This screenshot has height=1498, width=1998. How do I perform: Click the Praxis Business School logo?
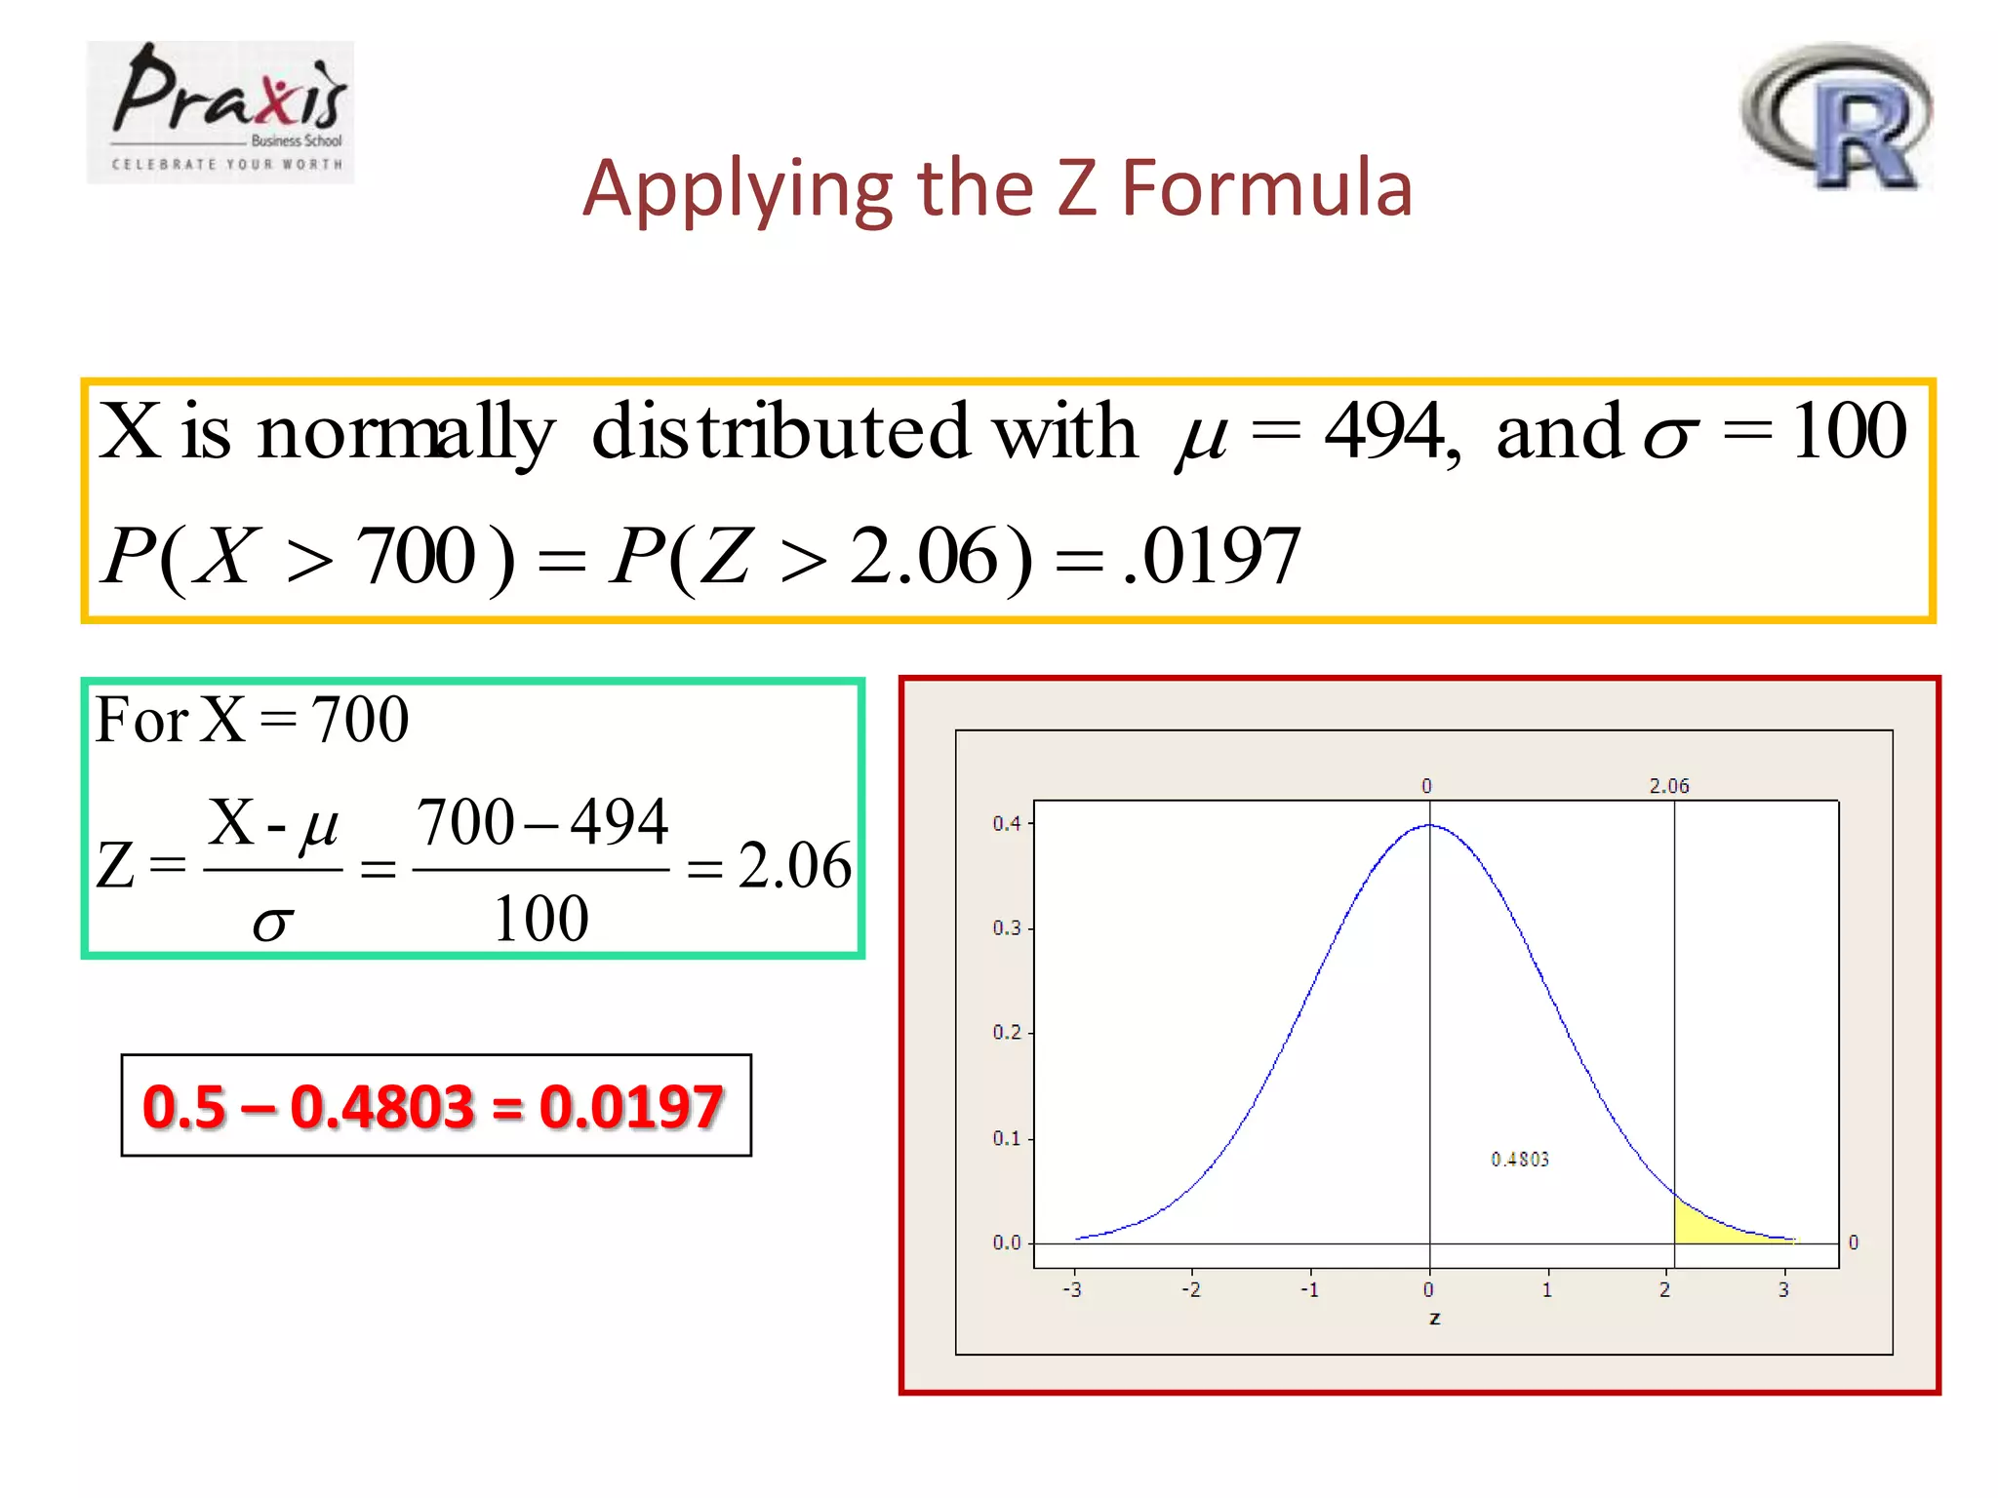(x=220, y=112)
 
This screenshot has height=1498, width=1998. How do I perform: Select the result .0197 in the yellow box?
(x=1213, y=556)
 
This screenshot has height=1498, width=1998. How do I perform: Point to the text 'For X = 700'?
(x=252, y=720)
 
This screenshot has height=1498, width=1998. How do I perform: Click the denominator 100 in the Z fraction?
(x=540, y=919)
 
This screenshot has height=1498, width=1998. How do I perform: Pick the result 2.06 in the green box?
(x=794, y=866)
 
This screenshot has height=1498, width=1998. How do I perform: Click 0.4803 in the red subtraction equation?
(x=381, y=1107)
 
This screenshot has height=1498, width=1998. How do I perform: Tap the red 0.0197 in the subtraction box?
(x=631, y=1107)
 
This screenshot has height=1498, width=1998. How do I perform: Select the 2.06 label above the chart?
(x=1668, y=786)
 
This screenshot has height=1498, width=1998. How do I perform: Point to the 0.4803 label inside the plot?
(x=1519, y=1160)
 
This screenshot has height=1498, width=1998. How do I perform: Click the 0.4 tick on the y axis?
(x=1007, y=824)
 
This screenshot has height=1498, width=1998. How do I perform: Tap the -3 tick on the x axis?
(x=1072, y=1290)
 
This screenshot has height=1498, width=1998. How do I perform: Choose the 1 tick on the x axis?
(x=1547, y=1290)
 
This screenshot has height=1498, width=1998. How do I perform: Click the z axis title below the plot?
(x=1434, y=1319)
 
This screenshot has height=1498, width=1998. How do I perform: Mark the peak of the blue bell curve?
(x=1430, y=826)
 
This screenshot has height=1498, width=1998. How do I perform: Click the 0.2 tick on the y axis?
(x=1007, y=1033)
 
